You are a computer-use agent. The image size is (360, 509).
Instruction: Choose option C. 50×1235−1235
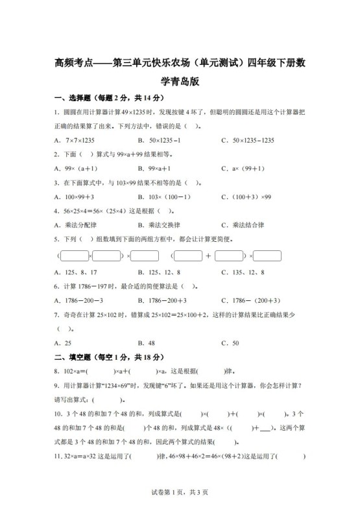coord(248,140)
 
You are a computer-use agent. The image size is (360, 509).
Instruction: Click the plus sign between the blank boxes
coord(208,256)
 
